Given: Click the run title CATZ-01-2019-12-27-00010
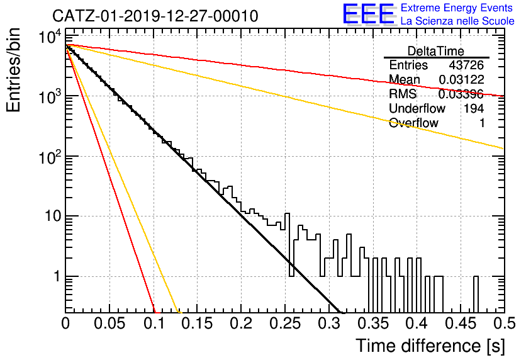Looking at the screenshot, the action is [x=155, y=16].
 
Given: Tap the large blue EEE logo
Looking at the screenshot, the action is [x=369, y=14].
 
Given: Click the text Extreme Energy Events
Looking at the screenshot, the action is [x=457, y=8].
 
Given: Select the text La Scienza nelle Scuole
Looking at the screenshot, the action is [x=457, y=21].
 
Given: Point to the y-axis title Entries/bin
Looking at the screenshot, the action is [x=13, y=70].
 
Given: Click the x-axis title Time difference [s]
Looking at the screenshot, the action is [x=430, y=346].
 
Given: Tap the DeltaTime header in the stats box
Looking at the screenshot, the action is [x=436, y=51].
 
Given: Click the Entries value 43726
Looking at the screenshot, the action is [x=466, y=65].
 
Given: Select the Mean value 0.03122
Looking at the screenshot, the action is [x=462, y=79].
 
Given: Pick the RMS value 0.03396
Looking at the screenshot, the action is [x=461, y=94].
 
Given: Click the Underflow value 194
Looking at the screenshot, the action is [x=474, y=108].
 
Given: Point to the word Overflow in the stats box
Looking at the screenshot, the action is [x=413, y=123].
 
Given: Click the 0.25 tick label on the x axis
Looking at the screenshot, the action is [x=285, y=323].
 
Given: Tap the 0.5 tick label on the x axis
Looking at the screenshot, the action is [x=504, y=323].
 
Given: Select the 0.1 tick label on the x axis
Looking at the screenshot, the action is [x=154, y=323].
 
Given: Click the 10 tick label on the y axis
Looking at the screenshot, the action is [x=53, y=216].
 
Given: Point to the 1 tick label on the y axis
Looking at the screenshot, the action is [x=57, y=276].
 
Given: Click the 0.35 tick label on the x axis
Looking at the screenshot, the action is [x=373, y=323].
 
